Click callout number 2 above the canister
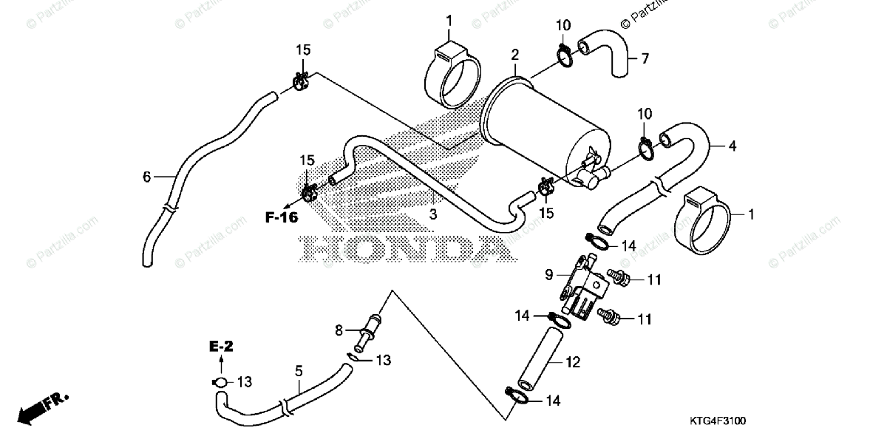click(x=514, y=55)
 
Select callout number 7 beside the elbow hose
click(x=645, y=58)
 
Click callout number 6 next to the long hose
click(x=147, y=177)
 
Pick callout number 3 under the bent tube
click(x=434, y=214)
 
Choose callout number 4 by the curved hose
click(x=733, y=146)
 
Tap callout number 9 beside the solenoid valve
click(x=549, y=275)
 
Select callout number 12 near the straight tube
click(x=574, y=362)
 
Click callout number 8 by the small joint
click(x=339, y=330)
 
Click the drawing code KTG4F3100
click(x=718, y=421)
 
